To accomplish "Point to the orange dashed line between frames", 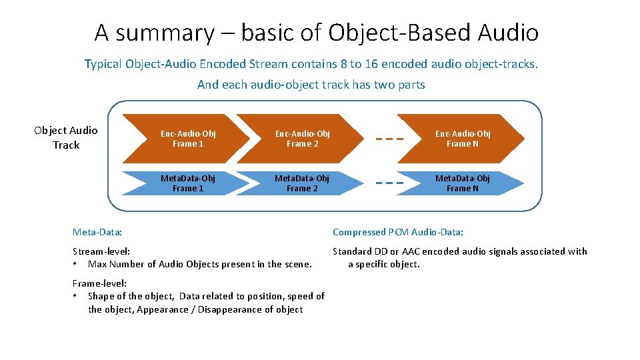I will tap(390, 139).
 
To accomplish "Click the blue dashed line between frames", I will tap(390, 183).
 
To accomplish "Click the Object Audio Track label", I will tap(66, 137).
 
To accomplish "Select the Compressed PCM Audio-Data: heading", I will tap(397, 232).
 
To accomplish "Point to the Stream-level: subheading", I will tap(101, 251).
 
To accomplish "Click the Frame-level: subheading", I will tap(99, 283).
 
